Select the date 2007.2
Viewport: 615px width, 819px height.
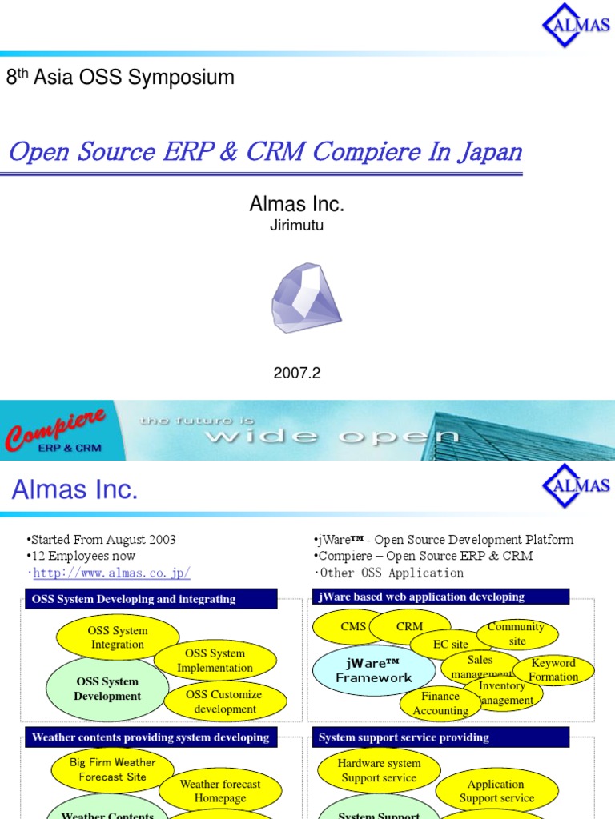(297, 373)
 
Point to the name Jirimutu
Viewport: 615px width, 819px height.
(297, 226)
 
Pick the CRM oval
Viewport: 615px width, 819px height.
(409, 627)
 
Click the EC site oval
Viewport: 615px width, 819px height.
(450, 644)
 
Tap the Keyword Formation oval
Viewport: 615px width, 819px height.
(553, 669)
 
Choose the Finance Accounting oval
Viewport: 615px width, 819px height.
(440, 703)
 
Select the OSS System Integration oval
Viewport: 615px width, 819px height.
(118, 637)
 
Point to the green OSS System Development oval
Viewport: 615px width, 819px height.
(107, 689)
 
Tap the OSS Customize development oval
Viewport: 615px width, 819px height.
(224, 701)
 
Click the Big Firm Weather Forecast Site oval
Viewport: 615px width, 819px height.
(113, 769)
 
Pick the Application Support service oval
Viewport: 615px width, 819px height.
(496, 791)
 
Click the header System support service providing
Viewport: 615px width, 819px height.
(404, 737)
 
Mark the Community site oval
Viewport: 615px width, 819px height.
(517, 633)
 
